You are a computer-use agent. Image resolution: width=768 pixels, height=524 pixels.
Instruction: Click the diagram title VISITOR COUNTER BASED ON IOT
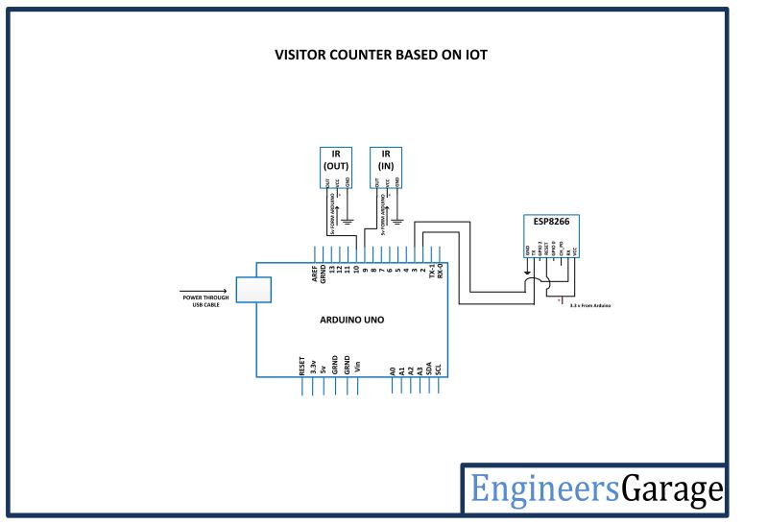[381, 55]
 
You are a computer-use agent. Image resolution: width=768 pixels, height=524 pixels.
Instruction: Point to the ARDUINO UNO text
[351, 320]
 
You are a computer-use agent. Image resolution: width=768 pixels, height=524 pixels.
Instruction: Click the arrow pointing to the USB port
[203, 289]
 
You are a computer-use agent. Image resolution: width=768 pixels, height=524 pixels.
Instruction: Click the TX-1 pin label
[431, 274]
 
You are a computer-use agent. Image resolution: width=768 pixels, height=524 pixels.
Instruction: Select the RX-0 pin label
[441, 274]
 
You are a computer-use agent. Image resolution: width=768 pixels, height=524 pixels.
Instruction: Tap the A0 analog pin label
[393, 369]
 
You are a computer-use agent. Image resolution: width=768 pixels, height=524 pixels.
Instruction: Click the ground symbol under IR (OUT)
[348, 222]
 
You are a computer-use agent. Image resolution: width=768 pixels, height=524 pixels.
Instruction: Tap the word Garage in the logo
[672, 489]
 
